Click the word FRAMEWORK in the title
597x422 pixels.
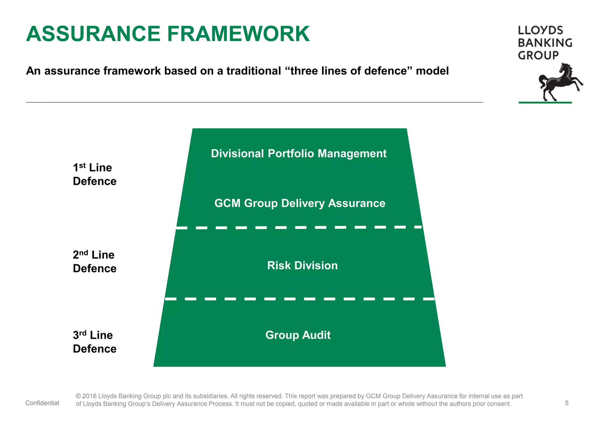pyautogui.click(x=238, y=34)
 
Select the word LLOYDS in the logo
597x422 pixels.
pyautogui.click(x=540, y=31)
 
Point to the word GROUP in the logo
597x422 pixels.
pyautogui.click(x=538, y=55)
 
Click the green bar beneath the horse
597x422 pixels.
pyautogui.click(x=545, y=103)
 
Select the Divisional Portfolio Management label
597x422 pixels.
pyautogui.click(x=298, y=154)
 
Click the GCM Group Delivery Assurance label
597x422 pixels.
pyautogui.click(x=300, y=203)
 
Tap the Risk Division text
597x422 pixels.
pyautogui.click(x=302, y=265)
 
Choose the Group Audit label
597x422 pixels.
pyautogui.click(x=298, y=335)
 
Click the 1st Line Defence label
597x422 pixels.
pyautogui.click(x=94, y=174)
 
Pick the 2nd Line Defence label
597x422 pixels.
pyautogui.click(x=94, y=261)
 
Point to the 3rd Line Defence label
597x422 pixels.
pyautogui.click(x=94, y=342)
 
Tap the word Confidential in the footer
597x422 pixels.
pyautogui.click(x=42, y=403)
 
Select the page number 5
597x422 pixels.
pyautogui.click(x=567, y=403)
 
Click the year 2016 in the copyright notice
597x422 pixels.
pyautogui.click(x=89, y=396)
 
